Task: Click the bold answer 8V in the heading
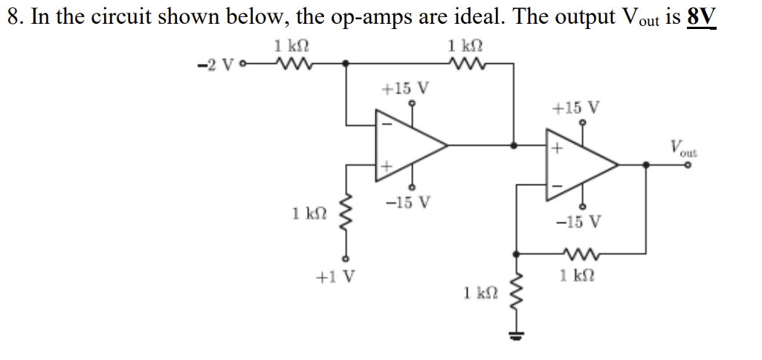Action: pyautogui.click(x=702, y=16)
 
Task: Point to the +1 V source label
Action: pyautogui.click(x=335, y=277)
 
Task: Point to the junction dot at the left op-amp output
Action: pyautogui.click(x=514, y=146)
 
